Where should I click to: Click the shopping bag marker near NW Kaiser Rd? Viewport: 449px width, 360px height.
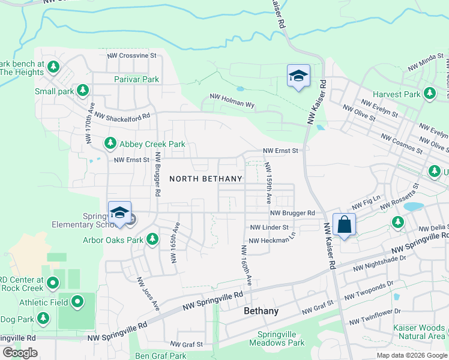[x=344, y=225]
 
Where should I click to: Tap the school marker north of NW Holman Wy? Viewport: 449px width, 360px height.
[x=298, y=76]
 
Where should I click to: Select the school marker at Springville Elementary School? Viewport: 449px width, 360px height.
[x=120, y=213]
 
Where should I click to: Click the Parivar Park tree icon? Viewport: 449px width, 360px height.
[x=170, y=79]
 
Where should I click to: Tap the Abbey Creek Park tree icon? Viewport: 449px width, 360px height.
[x=110, y=143]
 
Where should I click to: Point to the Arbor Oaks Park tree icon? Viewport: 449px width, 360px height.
[x=152, y=240]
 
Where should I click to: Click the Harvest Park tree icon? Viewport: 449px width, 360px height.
[x=429, y=94]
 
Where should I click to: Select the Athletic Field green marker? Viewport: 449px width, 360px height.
[x=77, y=302]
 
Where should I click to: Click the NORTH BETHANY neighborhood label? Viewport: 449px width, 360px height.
[x=206, y=179]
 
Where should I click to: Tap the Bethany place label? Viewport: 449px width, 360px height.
[x=261, y=311]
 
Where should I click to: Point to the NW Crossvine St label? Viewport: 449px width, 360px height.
[x=131, y=56]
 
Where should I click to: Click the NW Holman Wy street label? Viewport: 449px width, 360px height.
[x=232, y=100]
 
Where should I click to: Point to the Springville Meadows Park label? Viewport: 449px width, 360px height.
[x=281, y=339]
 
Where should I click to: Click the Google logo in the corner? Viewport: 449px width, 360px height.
[x=20, y=353]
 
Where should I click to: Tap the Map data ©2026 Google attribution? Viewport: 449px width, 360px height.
[x=412, y=355]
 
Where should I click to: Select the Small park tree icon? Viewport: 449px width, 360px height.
[x=83, y=91]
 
